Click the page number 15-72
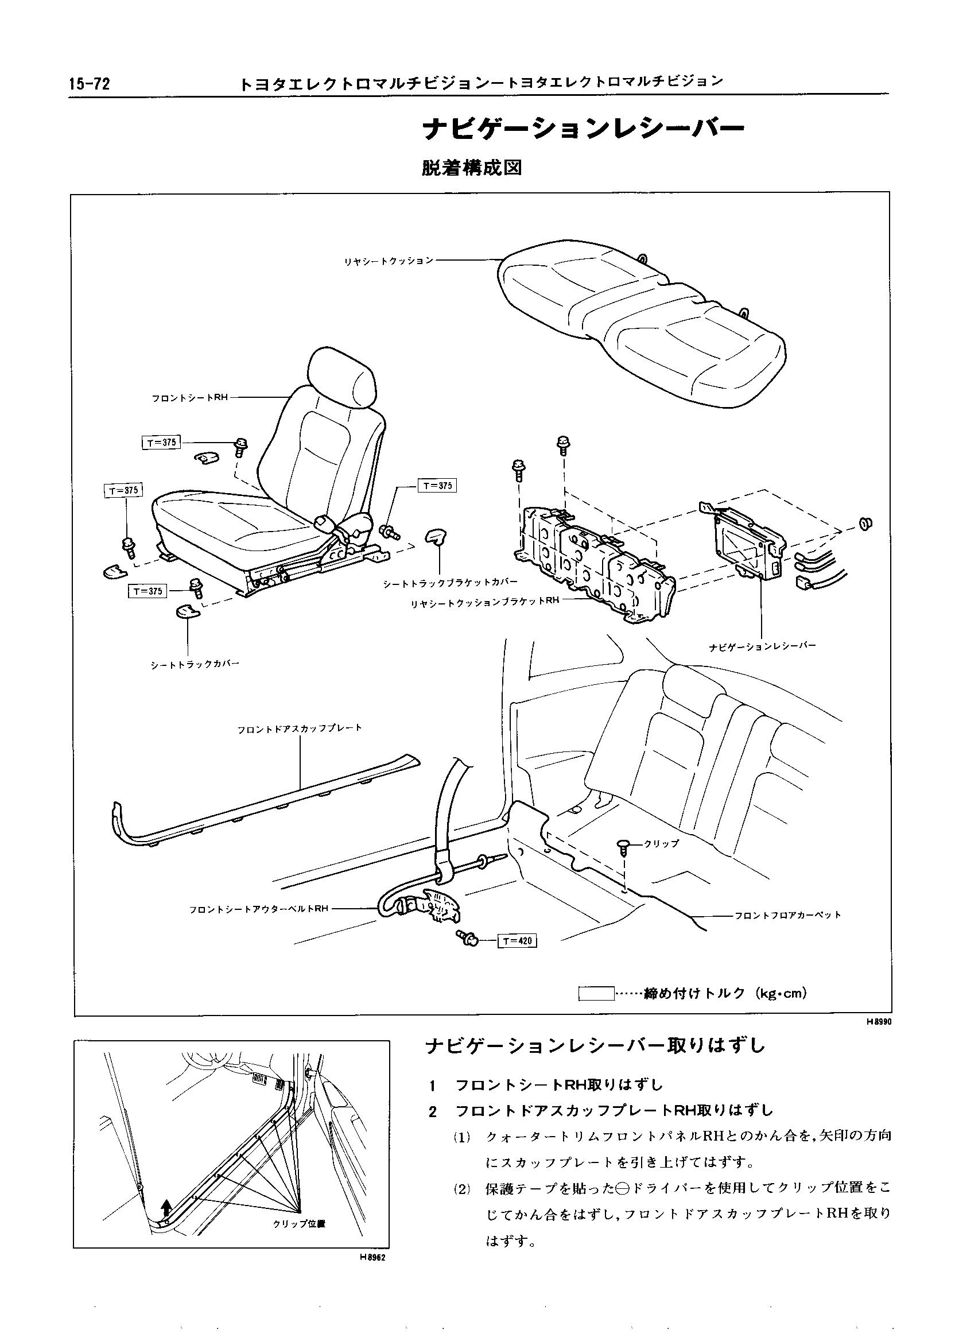point(90,84)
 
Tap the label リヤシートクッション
point(389,261)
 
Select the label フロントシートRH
point(189,398)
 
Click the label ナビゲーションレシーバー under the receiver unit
point(762,646)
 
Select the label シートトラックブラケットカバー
point(451,582)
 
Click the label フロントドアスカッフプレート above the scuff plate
point(300,728)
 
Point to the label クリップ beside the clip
point(662,844)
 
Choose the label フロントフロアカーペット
point(788,914)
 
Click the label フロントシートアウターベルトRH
point(259,909)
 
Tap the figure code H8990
point(879,1022)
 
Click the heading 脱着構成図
point(471,168)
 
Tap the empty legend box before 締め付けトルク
point(597,993)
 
